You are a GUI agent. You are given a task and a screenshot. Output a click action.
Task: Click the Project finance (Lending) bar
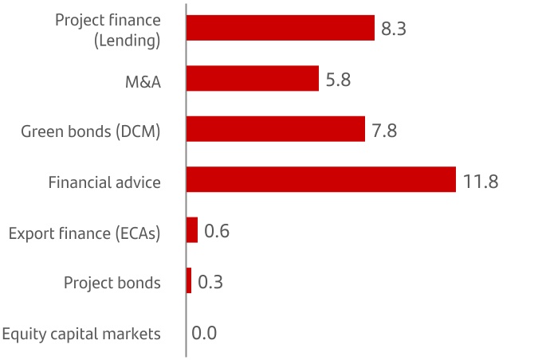coord(280,28)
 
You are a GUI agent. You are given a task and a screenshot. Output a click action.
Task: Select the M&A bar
coord(252,79)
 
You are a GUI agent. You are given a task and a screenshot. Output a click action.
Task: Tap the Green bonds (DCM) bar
coord(275,129)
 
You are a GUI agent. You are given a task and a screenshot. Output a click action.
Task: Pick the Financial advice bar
coord(320,180)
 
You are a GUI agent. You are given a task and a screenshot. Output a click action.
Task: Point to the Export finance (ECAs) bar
coord(191,230)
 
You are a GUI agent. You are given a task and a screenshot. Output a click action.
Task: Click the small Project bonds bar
coord(189,281)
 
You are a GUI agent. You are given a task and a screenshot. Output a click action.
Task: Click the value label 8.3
coord(394,29)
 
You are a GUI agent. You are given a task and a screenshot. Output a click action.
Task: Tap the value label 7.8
coord(384,131)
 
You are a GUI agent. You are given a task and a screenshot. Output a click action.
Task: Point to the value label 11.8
coord(481,182)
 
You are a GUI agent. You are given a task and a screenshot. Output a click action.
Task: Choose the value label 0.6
coord(217,232)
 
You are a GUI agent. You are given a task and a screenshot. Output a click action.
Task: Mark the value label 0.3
coord(210,283)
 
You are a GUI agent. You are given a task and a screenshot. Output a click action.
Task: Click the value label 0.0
coord(204,333)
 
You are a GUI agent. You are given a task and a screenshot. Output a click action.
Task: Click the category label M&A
coord(141,80)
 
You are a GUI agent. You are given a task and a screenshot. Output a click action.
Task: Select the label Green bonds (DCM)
coord(91,131)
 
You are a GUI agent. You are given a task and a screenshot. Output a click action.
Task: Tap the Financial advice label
coord(104,182)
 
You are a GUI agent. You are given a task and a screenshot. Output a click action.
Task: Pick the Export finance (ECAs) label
coord(84,233)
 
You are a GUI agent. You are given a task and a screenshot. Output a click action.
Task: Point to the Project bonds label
coord(112,283)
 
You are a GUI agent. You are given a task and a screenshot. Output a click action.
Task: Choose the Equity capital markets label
coord(82,334)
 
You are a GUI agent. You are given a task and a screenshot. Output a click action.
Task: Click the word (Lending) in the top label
coord(128,40)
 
